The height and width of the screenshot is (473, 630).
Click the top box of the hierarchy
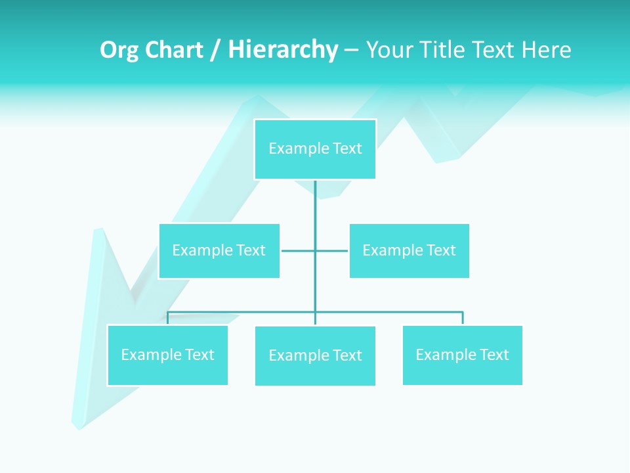pos(315,149)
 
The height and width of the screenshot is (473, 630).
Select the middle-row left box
pos(219,250)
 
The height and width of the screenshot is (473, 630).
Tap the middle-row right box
pos(409,250)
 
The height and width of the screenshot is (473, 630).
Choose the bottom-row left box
pos(167,355)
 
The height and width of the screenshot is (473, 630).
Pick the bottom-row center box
pos(315,355)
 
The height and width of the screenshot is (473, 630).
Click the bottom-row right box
pos(462,355)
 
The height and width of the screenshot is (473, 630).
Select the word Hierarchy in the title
pos(283,50)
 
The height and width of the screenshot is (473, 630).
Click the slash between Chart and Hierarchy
pos(215,50)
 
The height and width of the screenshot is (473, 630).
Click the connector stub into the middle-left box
pos(297,250)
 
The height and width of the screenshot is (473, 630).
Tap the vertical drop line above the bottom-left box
pos(167,318)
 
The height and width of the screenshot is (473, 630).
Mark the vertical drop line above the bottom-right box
pos(462,318)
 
